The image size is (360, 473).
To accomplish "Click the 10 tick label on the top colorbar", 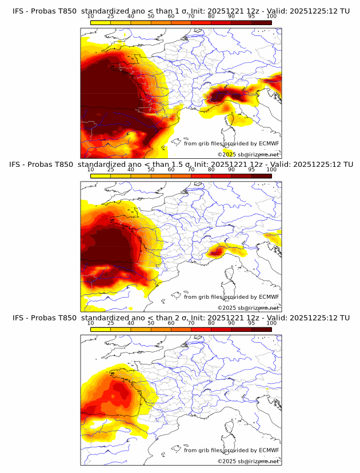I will (x=91, y=16).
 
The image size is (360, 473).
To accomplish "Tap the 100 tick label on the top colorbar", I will (x=271, y=16).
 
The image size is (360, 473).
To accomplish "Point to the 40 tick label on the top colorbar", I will (x=131, y=16).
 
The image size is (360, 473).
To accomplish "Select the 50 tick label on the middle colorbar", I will (x=151, y=170).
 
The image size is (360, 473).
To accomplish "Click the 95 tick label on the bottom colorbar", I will (x=251, y=323).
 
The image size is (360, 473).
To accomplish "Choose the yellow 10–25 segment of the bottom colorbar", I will (x=101, y=330).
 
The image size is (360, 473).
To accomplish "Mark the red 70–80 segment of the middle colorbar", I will (x=201, y=176).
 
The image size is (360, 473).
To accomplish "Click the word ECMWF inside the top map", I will (x=269, y=143).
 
